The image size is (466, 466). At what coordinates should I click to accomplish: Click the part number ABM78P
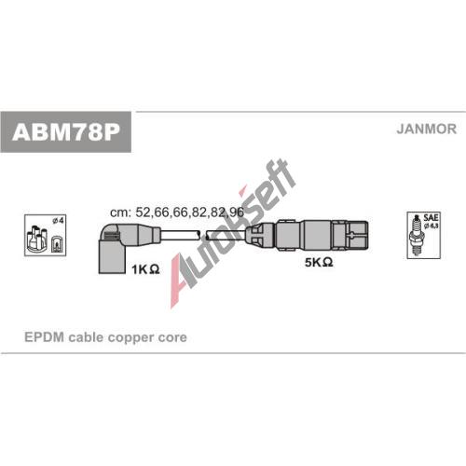point(66,132)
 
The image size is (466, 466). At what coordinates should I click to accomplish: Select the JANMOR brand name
point(426,129)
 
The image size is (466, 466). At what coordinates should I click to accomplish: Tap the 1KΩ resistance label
point(145,269)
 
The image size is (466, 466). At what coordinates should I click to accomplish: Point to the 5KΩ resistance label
point(319,262)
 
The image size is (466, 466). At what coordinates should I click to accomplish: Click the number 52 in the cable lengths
point(143,212)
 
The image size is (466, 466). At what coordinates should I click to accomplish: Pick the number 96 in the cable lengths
point(237,212)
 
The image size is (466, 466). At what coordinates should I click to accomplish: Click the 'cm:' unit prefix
point(120,212)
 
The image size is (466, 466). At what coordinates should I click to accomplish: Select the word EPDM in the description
point(44,337)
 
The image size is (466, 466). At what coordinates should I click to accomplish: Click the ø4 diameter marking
point(58,221)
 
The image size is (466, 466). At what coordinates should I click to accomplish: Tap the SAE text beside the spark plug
point(432,217)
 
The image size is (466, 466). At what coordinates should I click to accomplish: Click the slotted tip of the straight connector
point(358,235)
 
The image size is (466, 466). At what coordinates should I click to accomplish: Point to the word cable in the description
point(86,337)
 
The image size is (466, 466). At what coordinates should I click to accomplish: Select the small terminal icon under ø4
point(57,244)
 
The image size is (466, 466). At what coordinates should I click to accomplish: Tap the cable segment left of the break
point(181,235)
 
